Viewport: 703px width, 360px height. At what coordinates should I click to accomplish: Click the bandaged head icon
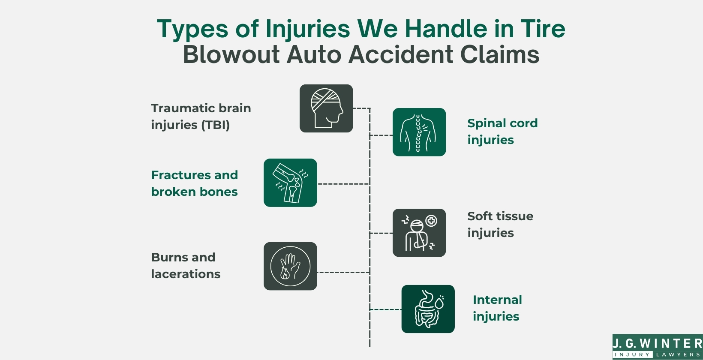(x=326, y=108)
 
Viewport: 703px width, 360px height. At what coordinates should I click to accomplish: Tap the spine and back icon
(x=419, y=132)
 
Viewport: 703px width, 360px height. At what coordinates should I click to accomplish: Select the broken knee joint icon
(x=290, y=183)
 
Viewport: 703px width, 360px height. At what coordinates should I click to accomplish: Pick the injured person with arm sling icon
(x=419, y=233)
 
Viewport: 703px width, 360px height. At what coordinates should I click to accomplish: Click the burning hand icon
(x=290, y=266)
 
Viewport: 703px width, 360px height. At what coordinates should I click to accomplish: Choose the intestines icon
(x=428, y=309)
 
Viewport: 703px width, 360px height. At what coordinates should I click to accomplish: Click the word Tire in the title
(x=543, y=29)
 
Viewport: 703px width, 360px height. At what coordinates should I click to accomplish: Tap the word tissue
(x=513, y=216)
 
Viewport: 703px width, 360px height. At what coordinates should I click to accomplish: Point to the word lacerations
(x=186, y=274)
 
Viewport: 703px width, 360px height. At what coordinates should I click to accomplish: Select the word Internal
(x=497, y=300)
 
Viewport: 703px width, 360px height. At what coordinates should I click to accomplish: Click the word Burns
(x=167, y=257)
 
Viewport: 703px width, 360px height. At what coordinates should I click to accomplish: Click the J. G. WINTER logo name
(x=657, y=343)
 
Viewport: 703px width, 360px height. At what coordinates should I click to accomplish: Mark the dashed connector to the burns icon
(x=343, y=272)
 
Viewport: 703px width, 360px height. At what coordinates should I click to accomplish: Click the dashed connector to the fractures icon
(x=343, y=184)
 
